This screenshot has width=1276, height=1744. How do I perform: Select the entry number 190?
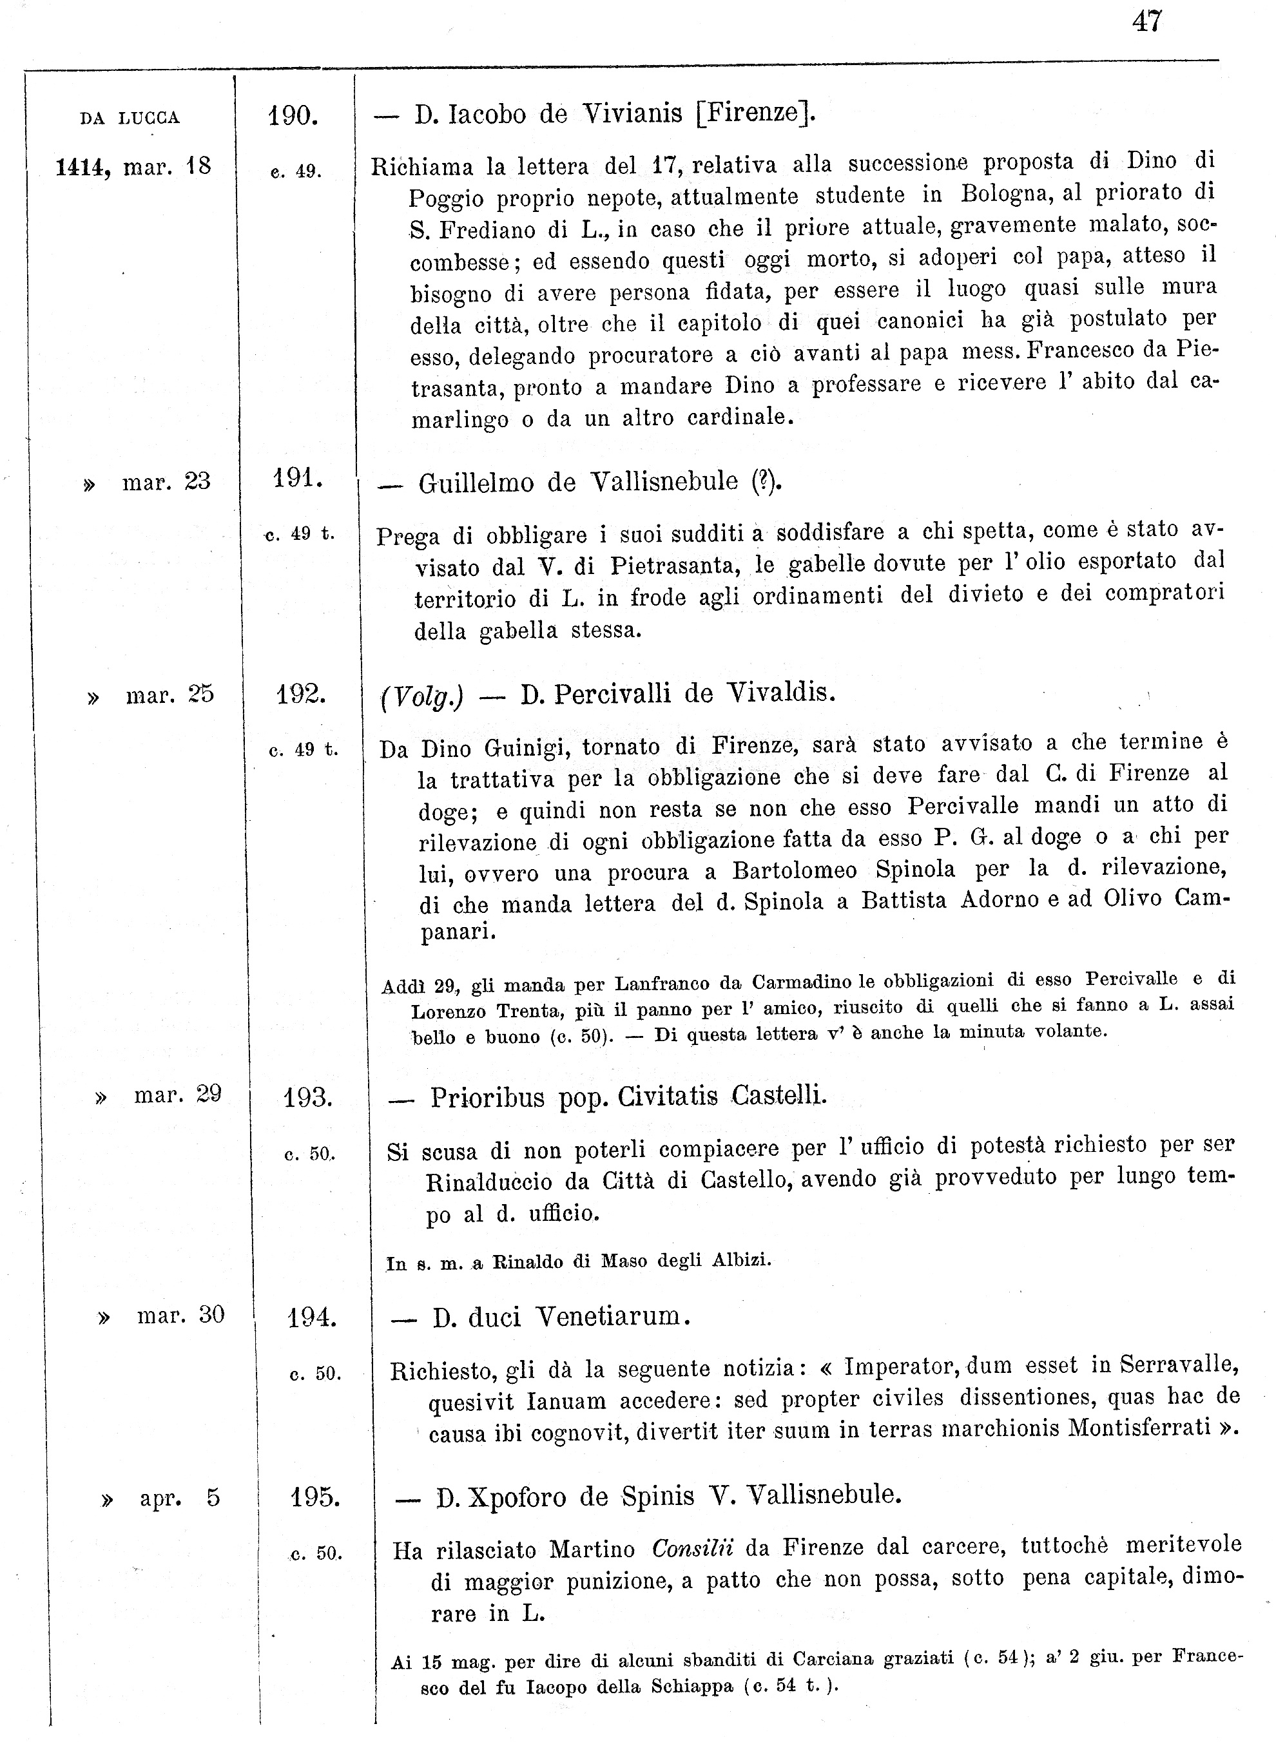click(x=293, y=117)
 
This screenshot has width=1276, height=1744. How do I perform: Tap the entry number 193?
click(x=307, y=1097)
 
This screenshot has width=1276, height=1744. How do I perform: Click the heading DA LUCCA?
click(x=130, y=118)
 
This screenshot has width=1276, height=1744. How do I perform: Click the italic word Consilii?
click(x=692, y=1549)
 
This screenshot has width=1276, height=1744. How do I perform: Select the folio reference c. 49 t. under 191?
click(x=300, y=533)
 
